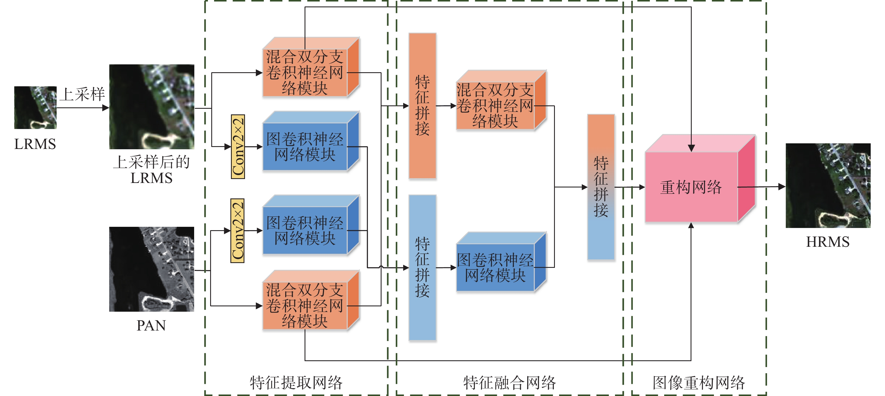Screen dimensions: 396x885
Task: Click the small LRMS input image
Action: [35, 108]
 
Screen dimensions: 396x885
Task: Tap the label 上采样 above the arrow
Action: [82, 94]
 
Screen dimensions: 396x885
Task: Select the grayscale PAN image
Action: [151, 269]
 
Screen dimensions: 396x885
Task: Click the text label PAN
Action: [151, 325]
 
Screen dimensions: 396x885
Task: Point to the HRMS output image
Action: [828, 185]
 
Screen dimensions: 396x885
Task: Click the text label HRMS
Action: [828, 242]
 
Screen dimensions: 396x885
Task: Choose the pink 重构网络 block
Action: [691, 187]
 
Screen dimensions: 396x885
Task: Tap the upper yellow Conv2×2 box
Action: [238, 147]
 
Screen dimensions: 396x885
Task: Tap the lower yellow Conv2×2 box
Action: [237, 231]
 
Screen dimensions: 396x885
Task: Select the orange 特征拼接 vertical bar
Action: [422, 105]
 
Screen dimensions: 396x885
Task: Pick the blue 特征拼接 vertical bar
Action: [422, 268]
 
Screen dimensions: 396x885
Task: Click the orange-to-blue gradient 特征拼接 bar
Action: [601, 187]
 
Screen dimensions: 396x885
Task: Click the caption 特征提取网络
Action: [296, 383]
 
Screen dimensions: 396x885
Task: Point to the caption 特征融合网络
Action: [509, 383]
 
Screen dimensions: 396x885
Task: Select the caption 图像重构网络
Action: [699, 383]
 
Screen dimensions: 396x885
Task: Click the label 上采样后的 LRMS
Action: [151, 170]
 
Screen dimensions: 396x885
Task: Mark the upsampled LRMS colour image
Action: [151, 107]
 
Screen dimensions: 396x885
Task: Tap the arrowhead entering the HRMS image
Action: [782, 187]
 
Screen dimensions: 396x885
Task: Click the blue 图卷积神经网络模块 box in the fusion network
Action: [495, 268]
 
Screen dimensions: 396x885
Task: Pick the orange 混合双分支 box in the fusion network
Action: [495, 105]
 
